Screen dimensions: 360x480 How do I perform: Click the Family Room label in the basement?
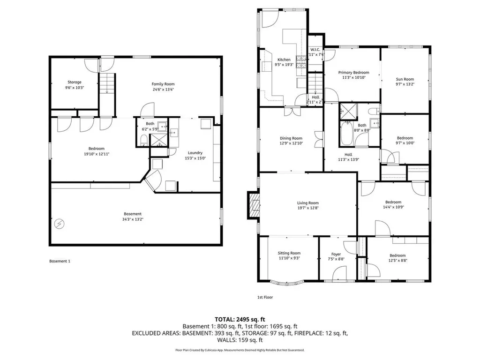[x=163, y=84]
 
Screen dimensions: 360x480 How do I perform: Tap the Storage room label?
[x=74, y=82]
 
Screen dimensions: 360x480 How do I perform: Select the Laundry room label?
[x=195, y=152]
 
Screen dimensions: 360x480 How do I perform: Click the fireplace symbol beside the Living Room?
[x=254, y=205]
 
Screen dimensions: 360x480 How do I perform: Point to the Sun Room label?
[x=405, y=79]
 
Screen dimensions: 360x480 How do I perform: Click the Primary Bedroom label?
[x=353, y=73]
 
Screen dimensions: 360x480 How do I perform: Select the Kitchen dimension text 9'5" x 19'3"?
[x=284, y=65]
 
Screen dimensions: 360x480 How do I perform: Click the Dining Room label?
[x=291, y=138]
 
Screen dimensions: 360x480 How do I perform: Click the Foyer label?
[x=336, y=255]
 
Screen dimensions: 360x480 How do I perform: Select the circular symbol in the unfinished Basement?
[x=59, y=224]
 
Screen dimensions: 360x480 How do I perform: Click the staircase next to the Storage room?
[x=107, y=84]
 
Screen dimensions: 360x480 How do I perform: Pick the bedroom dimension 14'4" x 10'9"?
[x=393, y=207]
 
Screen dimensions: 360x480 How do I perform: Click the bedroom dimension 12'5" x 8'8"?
[x=398, y=261]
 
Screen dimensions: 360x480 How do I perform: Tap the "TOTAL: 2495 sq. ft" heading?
[x=240, y=318]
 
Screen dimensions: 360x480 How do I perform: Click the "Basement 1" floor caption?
[x=60, y=261]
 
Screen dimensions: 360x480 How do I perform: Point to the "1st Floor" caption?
[x=265, y=297]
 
